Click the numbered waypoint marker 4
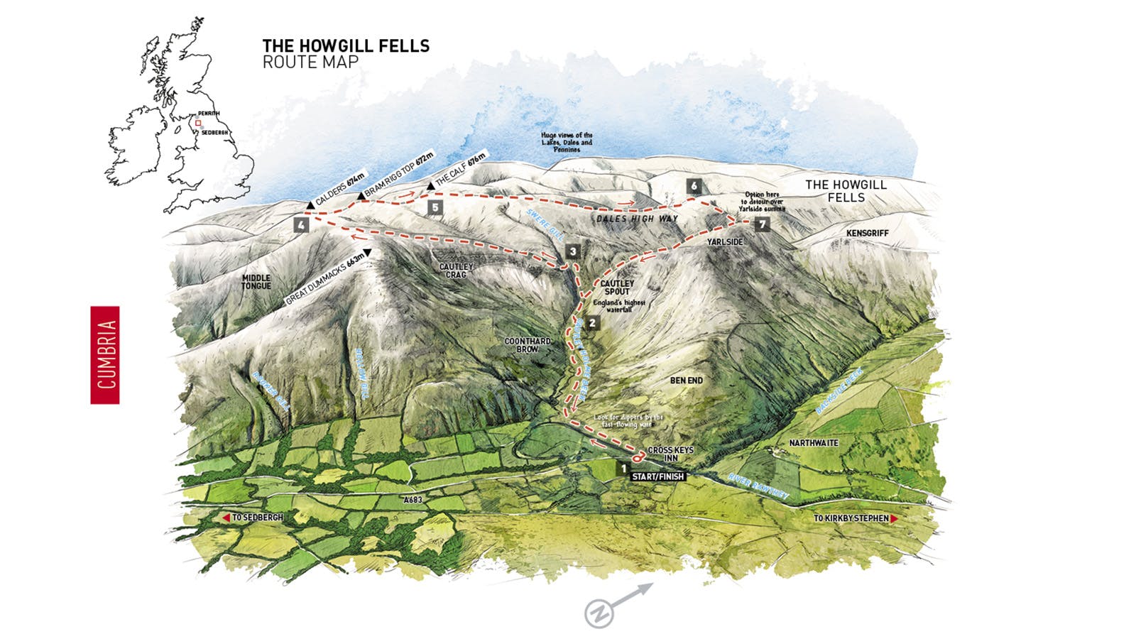click(x=302, y=225)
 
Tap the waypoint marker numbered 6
click(x=694, y=187)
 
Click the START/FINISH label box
click(x=657, y=476)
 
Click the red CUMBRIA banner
click(x=105, y=355)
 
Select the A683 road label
click(x=413, y=500)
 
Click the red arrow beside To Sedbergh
click(x=226, y=518)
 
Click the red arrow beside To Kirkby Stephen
click(x=894, y=519)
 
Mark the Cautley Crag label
click(x=456, y=271)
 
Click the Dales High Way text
click(x=637, y=219)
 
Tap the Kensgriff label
click(x=867, y=233)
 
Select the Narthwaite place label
click(x=814, y=442)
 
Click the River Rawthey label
click(x=758, y=487)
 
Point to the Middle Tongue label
click(x=256, y=282)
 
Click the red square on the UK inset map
click(x=198, y=123)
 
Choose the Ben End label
click(x=687, y=381)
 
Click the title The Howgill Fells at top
click(x=346, y=46)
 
